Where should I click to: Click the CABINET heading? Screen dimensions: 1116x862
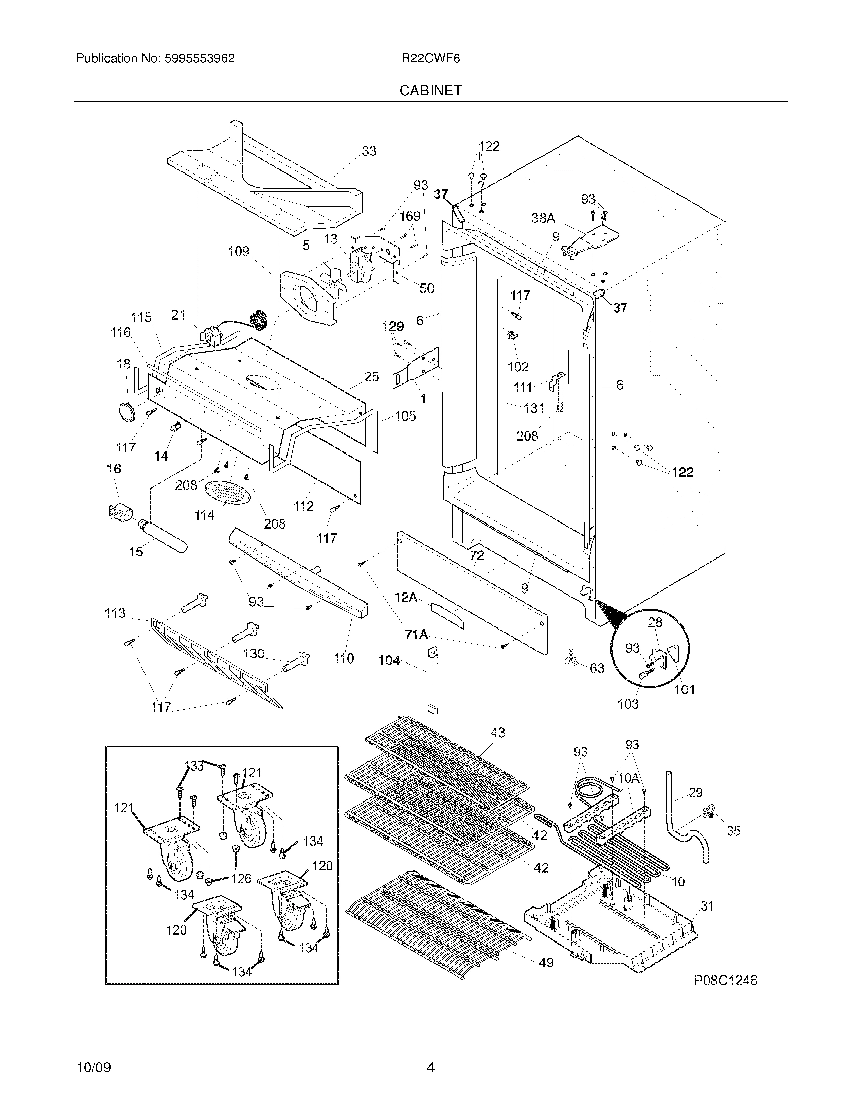coord(430,90)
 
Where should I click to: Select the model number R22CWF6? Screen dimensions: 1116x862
coord(430,59)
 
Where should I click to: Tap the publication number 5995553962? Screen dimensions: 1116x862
coord(199,59)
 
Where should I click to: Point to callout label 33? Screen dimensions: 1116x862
coord(369,151)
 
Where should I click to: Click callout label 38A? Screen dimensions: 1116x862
coord(543,218)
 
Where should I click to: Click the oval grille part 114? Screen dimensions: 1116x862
coord(228,493)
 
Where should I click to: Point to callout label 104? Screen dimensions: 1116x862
coord(389,660)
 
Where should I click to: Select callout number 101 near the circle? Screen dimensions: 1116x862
coord(685,690)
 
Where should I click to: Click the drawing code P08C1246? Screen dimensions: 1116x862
coord(725,981)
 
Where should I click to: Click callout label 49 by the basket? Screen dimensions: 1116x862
coord(546,963)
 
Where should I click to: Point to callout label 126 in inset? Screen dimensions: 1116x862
coord(241,878)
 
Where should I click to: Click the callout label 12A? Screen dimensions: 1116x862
coord(406,597)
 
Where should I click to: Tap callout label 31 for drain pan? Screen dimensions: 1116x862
coord(707,906)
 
